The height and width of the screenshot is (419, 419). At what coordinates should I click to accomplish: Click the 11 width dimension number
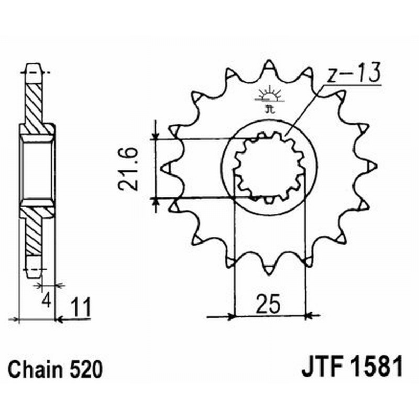point(80,306)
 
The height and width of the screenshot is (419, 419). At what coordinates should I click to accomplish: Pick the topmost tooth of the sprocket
point(269,65)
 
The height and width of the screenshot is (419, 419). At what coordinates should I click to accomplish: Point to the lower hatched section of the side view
point(35,230)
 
